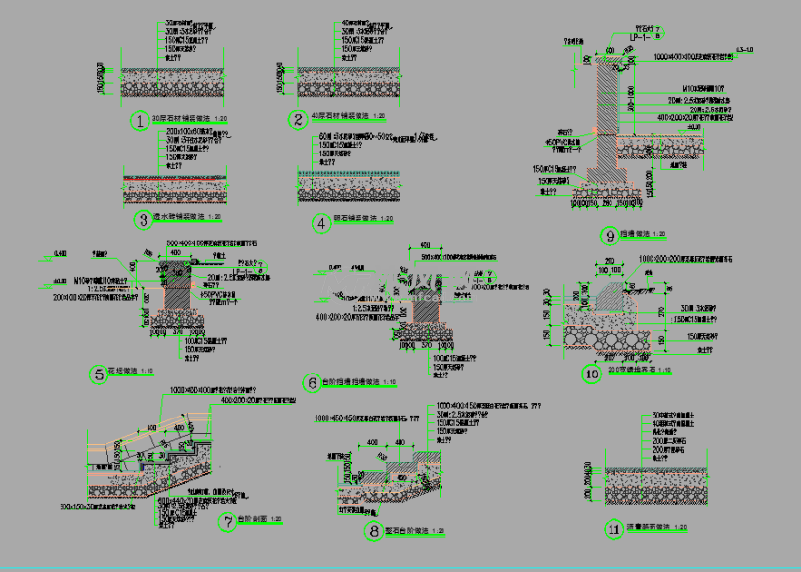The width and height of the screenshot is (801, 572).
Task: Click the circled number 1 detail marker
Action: pyautogui.click(x=141, y=121)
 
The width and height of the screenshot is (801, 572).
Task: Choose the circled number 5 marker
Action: pyautogui.click(x=100, y=373)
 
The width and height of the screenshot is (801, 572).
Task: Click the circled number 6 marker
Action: pyautogui.click(x=313, y=382)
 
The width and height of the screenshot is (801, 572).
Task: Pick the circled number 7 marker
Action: pyautogui.click(x=229, y=521)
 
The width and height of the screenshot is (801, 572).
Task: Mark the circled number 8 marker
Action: pyautogui.click(x=373, y=531)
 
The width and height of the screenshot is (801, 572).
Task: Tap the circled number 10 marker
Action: pyautogui.click(x=590, y=373)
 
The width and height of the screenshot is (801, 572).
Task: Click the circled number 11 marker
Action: pyautogui.click(x=613, y=529)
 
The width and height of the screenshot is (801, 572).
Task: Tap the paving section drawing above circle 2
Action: pyautogui.click(x=347, y=82)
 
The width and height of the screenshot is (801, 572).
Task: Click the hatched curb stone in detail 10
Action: pyautogui.click(x=606, y=292)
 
